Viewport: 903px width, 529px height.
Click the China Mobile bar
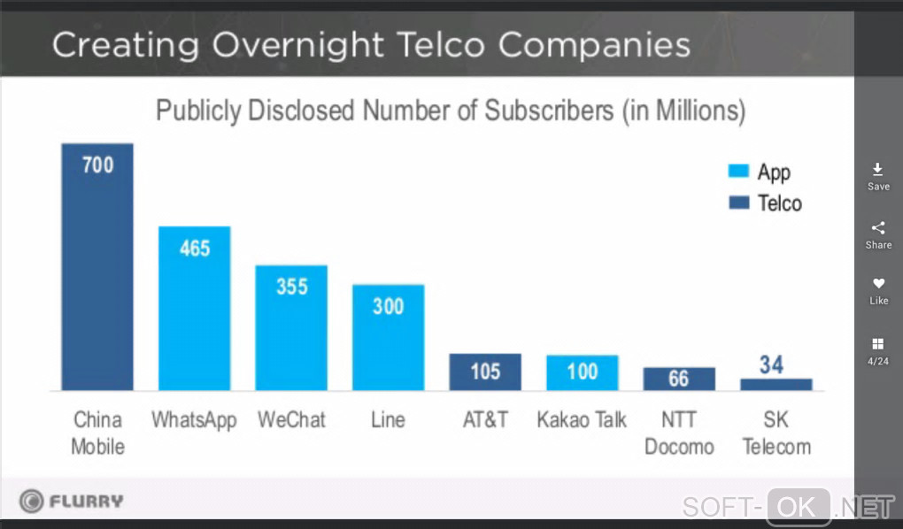pyautogui.click(x=97, y=266)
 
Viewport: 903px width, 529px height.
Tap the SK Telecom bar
pyautogui.click(x=776, y=384)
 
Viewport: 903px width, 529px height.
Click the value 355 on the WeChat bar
pyautogui.click(x=291, y=287)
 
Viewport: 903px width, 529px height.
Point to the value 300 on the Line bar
pyautogui.click(x=388, y=306)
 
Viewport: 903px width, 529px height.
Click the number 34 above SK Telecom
pyautogui.click(x=771, y=364)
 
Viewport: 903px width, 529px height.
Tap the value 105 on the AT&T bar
pyautogui.click(x=485, y=371)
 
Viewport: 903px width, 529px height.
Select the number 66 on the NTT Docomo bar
pyautogui.click(x=678, y=379)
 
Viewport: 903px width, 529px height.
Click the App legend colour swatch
pyautogui.click(x=738, y=172)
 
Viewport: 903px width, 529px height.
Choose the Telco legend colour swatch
pyautogui.click(x=738, y=203)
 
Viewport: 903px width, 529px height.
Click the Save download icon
pyautogui.click(x=878, y=169)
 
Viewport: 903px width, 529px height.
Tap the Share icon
pyautogui.click(x=878, y=227)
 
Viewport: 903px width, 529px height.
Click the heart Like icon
pyautogui.click(x=878, y=284)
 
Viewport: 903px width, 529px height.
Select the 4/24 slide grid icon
pyautogui.click(x=878, y=343)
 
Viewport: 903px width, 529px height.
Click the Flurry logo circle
pyautogui.click(x=32, y=502)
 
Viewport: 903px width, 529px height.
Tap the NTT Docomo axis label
pyautogui.click(x=678, y=433)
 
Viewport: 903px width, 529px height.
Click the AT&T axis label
pyautogui.click(x=485, y=419)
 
